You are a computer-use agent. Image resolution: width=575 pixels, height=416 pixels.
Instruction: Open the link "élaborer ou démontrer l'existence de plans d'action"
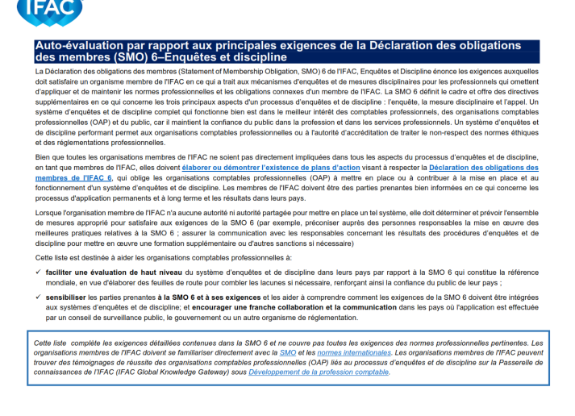(257, 166)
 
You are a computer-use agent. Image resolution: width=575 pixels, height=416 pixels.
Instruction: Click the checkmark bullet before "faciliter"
(40, 272)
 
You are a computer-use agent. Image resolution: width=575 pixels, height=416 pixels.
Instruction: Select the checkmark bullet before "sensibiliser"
(40, 297)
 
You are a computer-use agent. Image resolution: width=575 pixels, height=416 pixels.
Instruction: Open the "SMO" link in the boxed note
(288, 353)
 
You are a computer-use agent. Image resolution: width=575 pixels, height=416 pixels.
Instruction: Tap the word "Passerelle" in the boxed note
(505, 363)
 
